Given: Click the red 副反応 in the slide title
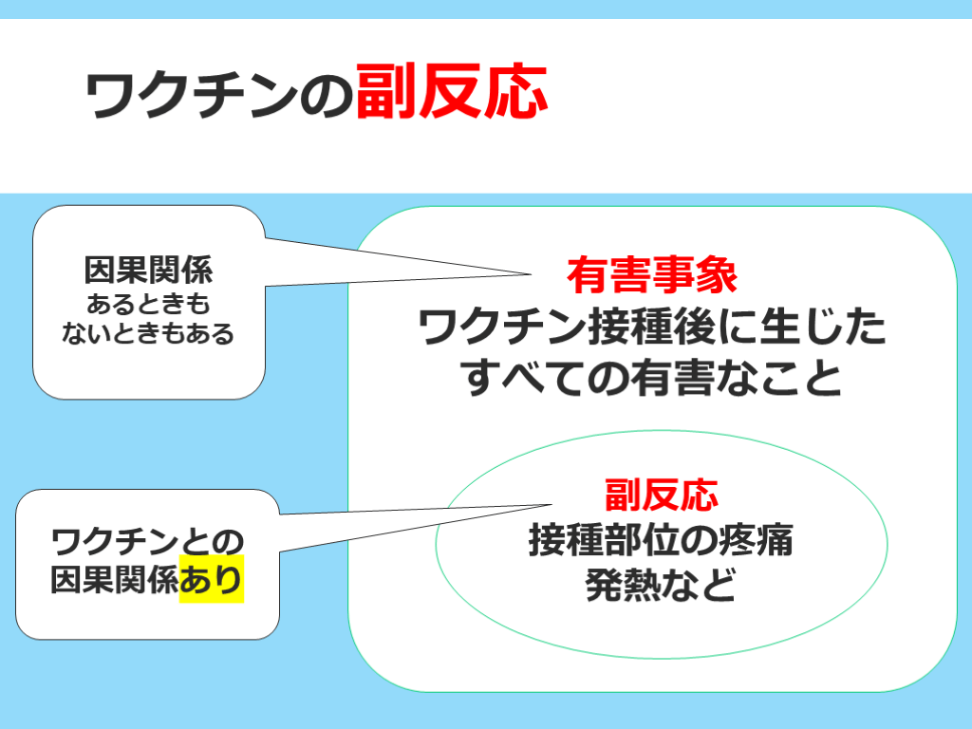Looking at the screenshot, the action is (451, 92).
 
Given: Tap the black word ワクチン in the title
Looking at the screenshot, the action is (192, 95).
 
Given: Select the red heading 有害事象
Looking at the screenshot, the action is (652, 275).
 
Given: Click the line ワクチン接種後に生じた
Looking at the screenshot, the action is (652, 327).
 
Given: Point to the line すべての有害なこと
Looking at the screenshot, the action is (651, 378).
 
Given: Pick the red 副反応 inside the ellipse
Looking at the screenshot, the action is (662, 495).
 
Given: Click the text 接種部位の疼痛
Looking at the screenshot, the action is (661, 539).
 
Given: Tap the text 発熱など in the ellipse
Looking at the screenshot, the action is (661, 584).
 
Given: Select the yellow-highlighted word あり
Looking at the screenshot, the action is (212, 579).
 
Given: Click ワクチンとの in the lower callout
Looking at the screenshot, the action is (147, 542).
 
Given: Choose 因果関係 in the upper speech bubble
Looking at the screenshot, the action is (148, 271).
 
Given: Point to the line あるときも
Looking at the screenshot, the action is (148, 304).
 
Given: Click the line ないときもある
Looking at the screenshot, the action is (148, 333).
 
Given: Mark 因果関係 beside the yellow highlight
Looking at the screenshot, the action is (115, 580).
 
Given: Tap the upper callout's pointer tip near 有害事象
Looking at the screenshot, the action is (532, 273).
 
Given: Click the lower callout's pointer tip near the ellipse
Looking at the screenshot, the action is (551, 505).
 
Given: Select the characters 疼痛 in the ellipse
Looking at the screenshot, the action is (764, 539).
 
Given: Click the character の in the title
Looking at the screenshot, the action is (327, 97).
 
